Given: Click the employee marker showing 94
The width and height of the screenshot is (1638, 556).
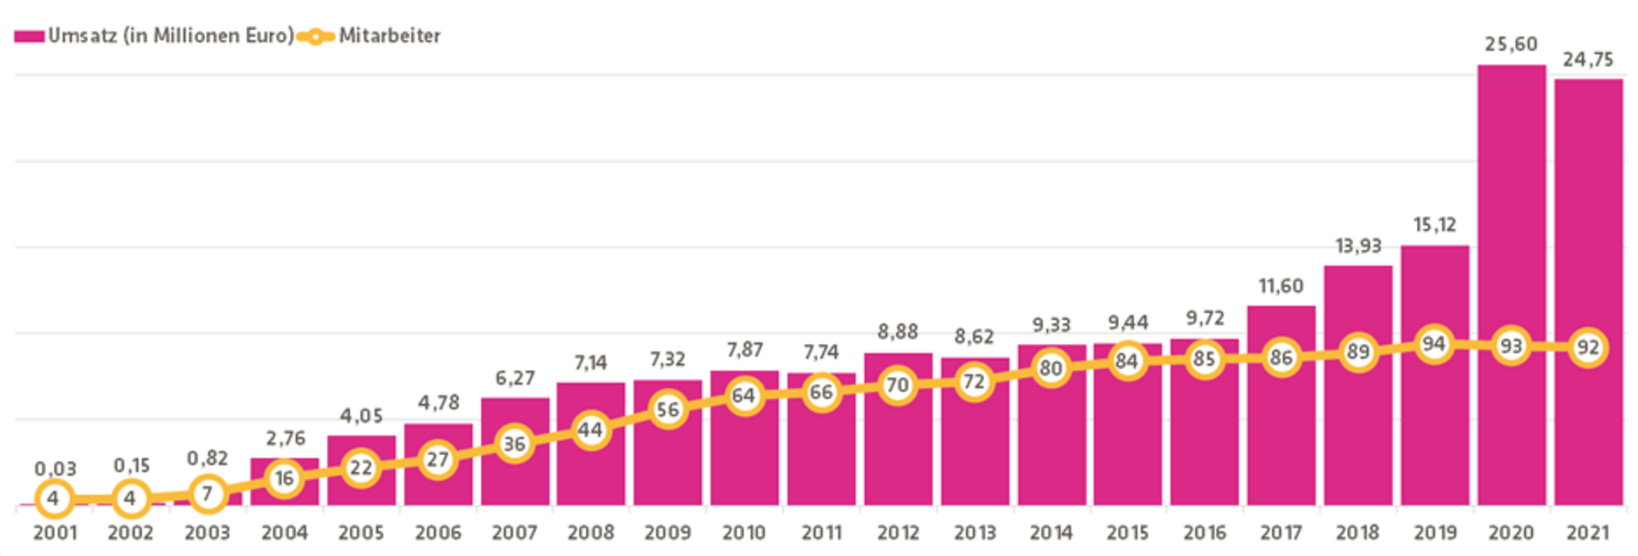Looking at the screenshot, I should click(x=1434, y=344).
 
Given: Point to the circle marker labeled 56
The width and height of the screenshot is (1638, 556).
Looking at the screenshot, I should click(x=667, y=410).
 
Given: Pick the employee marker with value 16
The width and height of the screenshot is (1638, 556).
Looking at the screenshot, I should click(x=284, y=478).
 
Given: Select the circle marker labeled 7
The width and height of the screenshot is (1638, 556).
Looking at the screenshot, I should click(x=207, y=494).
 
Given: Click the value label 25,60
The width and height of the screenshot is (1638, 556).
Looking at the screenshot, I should click(x=1511, y=44).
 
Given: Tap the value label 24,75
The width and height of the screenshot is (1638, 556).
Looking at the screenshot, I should click(x=1588, y=60).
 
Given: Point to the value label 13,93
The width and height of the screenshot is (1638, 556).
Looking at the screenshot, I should click(x=1357, y=246).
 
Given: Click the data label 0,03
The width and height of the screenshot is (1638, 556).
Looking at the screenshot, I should click(x=55, y=469).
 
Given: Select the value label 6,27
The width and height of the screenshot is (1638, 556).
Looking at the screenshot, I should click(x=514, y=378).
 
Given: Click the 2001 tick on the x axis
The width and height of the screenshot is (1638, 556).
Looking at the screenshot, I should click(x=55, y=533).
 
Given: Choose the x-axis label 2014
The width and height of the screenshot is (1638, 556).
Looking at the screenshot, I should click(x=1051, y=533).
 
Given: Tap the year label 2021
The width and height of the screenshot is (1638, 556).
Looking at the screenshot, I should click(x=1588, y=533).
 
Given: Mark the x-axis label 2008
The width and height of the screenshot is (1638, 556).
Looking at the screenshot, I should click(x=590, y=533).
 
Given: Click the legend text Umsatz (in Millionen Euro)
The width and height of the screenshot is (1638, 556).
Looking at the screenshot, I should click(x=171, y=36).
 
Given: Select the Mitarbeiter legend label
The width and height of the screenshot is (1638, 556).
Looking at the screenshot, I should click(x=390, y=36).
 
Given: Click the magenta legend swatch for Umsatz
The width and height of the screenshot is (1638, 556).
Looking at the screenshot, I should click(x=29, y=37).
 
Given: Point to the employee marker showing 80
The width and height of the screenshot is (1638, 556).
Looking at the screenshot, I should click(x=1051, y=368).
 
